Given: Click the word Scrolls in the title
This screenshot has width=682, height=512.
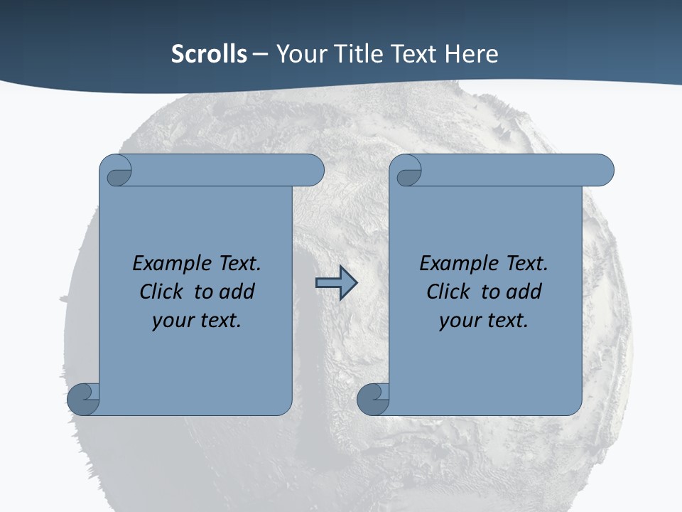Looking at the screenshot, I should (x=209, y=54).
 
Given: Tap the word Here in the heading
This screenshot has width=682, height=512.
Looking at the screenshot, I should (x=471, y=54).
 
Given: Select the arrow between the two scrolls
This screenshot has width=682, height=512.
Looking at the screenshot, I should (x=336, y=283).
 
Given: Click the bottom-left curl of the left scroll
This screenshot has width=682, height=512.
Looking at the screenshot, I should (x=83, y=398).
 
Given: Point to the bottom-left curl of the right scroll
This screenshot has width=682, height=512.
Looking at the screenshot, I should (x=373, y=398).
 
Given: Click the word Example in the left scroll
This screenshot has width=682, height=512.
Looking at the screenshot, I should (x=164, y=264).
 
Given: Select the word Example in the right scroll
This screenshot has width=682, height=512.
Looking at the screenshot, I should (x=451, y=264).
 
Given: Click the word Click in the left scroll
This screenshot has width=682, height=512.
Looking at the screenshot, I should (x=156, y=292).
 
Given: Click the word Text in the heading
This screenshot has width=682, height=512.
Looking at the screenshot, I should (x=413, y=54).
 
